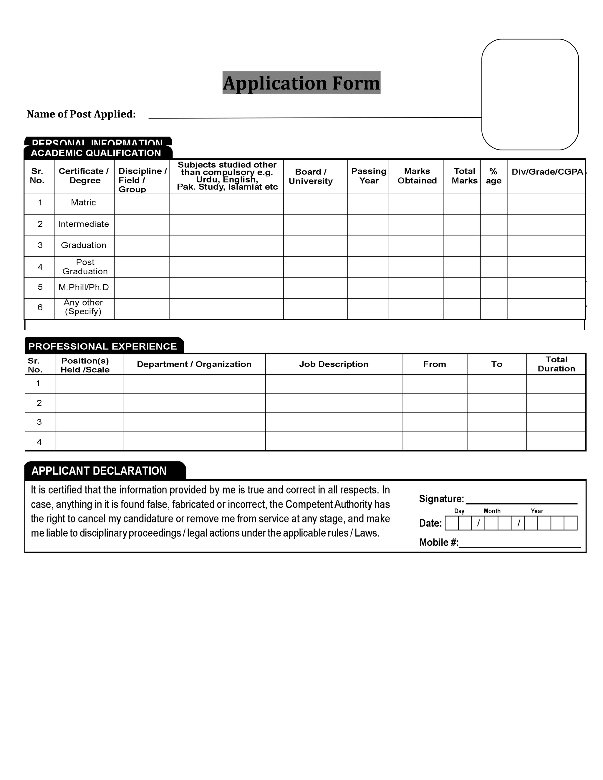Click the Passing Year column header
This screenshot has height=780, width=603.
[x=368, y=176]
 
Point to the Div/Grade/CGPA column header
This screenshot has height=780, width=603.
[x=547, y=172]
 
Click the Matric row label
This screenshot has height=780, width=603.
[x=83, y=203]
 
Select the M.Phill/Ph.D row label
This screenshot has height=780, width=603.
[x=83, y=287]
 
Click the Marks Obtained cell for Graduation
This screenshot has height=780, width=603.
[x=416, y=245]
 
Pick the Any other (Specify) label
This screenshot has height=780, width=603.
[x=83, y=307]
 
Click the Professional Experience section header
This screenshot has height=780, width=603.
[x=102, y=346]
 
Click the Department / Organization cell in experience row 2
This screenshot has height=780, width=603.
[x=194, y=403]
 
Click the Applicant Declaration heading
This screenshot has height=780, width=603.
[x=99, y=471]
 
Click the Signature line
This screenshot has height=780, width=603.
[x=521, y=500]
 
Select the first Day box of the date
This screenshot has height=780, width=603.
[x=452, y=523]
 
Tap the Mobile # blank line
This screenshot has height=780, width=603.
[x=519, y=543]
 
